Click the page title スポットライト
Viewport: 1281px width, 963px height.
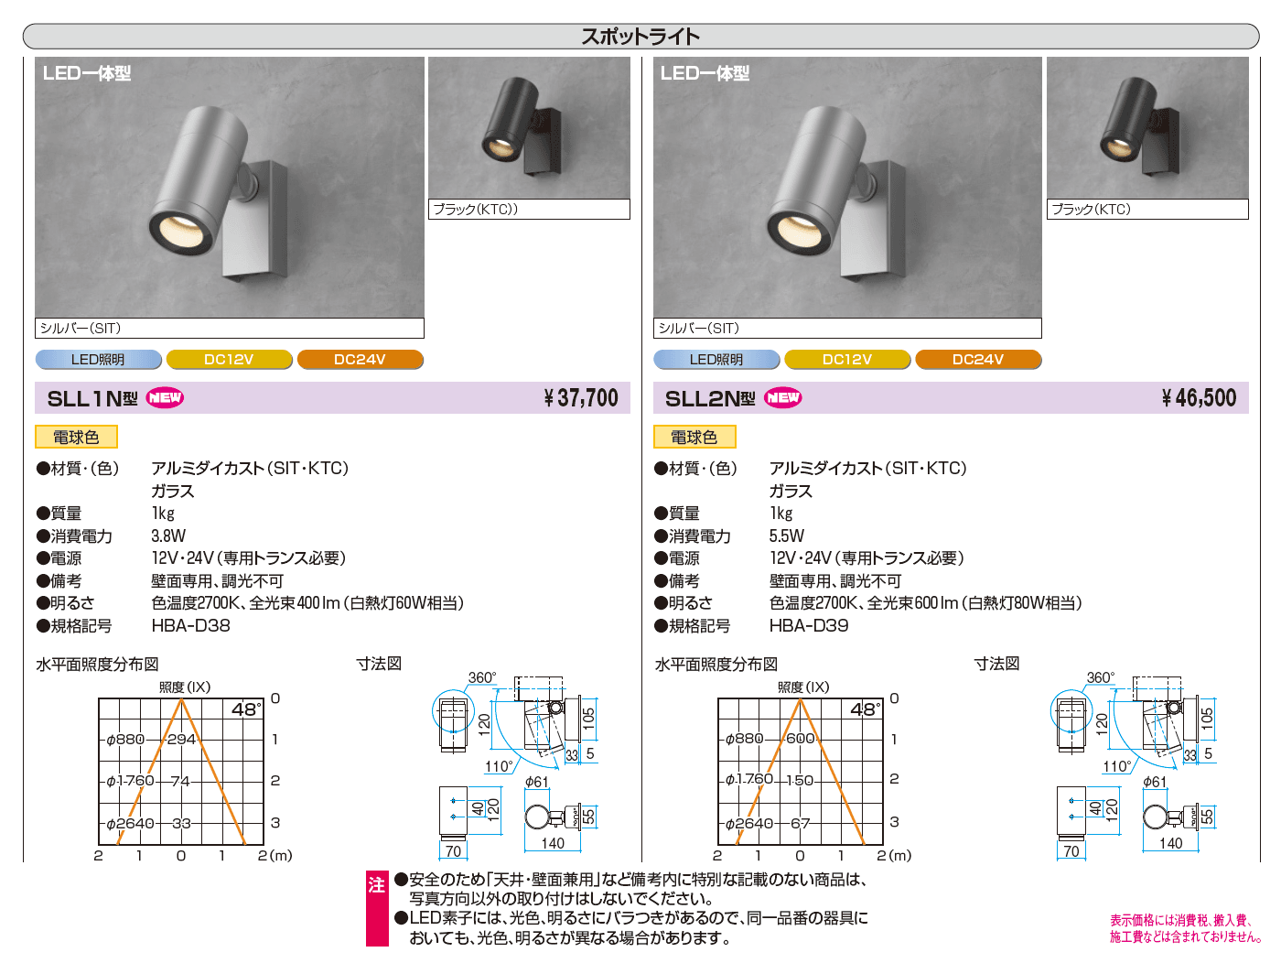[640, 37]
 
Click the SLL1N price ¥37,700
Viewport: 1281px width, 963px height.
[581, 398]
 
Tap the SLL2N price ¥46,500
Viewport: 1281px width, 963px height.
[1199, 398]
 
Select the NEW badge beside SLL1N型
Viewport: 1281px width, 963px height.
[165, 398]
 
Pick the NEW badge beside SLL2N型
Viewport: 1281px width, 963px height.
[782, 398]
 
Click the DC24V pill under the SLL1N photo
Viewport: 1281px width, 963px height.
[361, 360]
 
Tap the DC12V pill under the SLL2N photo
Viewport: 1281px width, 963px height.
[846, 360]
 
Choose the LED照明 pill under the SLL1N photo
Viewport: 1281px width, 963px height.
[98, 360]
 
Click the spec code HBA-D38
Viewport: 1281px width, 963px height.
[191, 625]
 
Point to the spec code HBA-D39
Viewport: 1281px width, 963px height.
[809, 625]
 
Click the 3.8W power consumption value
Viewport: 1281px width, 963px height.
[168, 536]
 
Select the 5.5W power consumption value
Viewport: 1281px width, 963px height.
[787, 536]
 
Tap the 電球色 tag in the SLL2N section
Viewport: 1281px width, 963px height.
[694, 438]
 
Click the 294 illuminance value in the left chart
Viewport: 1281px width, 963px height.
[181, 740]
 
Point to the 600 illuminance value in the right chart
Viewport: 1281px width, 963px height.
[800, 739]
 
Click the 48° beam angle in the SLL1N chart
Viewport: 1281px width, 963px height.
[246, 709]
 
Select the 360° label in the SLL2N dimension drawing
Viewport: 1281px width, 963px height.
[1100, 677]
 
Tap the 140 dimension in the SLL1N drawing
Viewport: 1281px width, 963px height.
[552, 843]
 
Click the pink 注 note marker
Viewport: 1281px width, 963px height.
[377, 885]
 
